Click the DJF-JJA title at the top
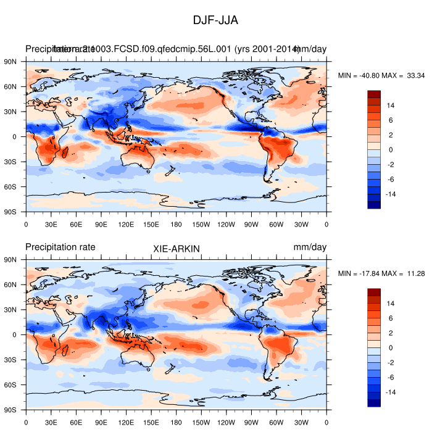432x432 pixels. (x=215, y=20)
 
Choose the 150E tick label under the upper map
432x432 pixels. (x=151, y=225)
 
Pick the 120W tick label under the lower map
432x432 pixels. (x=226, y=423)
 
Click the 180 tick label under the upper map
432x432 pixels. (x=176, y=225)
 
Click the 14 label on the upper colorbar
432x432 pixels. (x=390, y=106)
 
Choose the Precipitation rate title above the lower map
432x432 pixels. (x=60, y=247)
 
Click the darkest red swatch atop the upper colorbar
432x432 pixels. (x=374, y=94)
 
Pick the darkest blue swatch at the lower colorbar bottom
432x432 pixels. (x=374, y=403)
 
